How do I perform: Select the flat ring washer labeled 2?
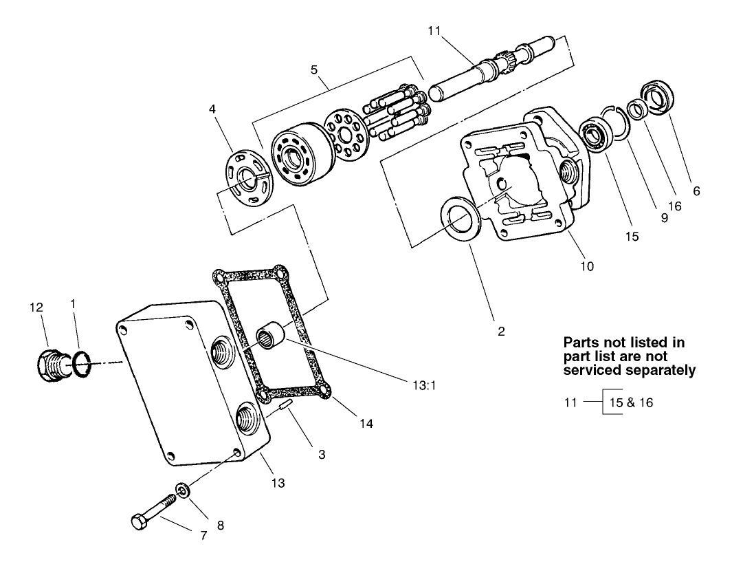[459, 217]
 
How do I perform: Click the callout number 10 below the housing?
[586, 266]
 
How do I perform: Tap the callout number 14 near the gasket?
[366, 424]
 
